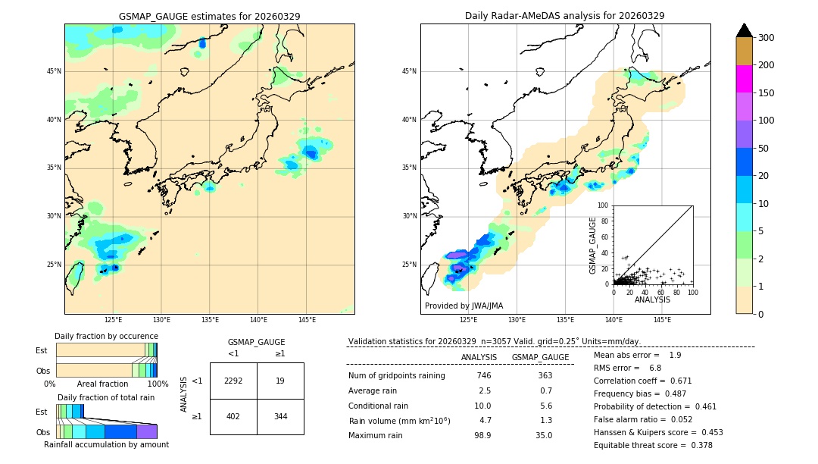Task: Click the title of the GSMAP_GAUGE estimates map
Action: click(209, 16)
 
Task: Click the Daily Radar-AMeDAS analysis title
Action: click(564, 16)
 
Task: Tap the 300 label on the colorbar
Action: click(766, 38)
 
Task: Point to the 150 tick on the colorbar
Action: click(766, 93)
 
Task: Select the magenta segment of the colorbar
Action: click(745, 79)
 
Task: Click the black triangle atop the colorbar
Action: click(745, 30)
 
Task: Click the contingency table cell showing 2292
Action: click(233, 381)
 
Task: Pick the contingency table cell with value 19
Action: click(280, 381)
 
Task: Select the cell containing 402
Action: click(233, 416)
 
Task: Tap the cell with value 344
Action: click(280, 416)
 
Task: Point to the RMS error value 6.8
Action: click(655, 368)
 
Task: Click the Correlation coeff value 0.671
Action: click(676, 381)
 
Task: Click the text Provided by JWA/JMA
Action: click(464, 306)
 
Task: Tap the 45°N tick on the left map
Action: click(54, 71)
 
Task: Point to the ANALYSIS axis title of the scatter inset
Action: click(652, 299)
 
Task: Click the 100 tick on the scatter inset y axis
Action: click(604, 205)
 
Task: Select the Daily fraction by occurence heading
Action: click(106, 336)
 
